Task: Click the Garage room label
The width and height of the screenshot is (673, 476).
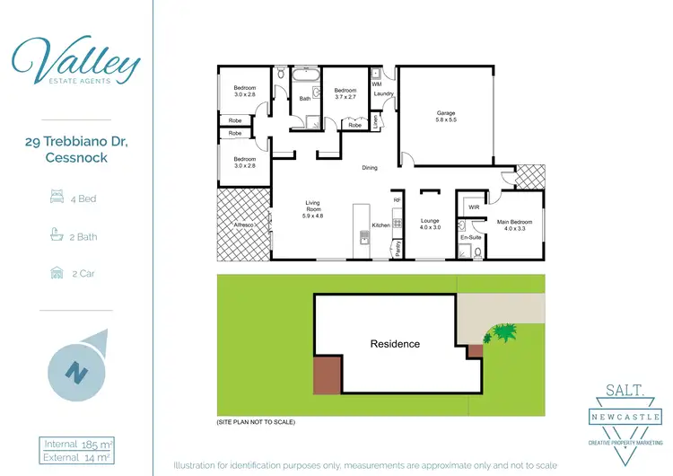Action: point(447,112)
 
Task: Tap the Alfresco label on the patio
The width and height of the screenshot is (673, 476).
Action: point(244,225)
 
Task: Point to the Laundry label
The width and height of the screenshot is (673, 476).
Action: point(386,93)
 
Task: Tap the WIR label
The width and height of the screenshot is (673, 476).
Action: point(472,207)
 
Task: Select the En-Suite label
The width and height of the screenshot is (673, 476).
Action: point(472,237)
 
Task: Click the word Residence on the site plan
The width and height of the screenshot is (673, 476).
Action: point(395,344)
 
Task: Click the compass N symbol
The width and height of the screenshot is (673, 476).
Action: point(78,371)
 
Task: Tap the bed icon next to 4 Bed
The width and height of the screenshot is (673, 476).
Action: point(56,198)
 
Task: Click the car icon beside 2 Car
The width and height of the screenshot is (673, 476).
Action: point(56,273)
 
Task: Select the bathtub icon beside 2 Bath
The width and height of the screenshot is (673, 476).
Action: point(56,235)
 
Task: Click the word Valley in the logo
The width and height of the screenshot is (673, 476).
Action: point(76,61)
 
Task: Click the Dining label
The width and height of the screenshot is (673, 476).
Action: point(369,168)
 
